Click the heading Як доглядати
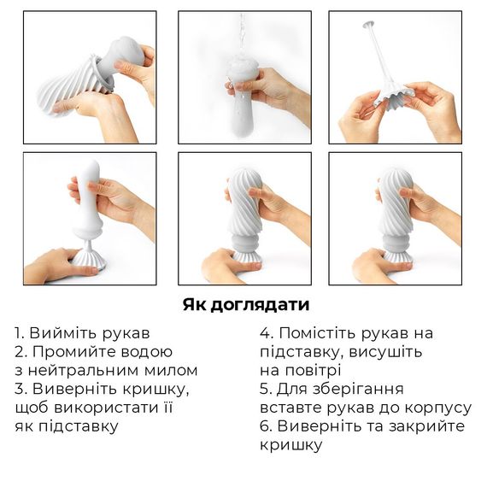click(245, 305)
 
